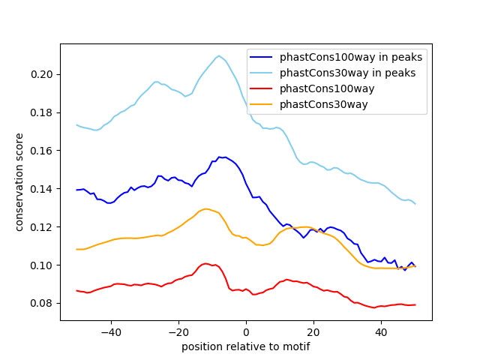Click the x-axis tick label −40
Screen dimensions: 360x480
point(111,331)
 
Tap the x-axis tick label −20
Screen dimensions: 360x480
point(178,331)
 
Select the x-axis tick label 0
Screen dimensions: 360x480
point(246,331)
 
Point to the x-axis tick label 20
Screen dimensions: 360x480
point(313,331)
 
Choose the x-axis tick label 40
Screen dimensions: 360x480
point(381,331)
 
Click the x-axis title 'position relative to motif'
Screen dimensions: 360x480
point(245,346)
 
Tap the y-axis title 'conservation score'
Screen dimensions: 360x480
point(20,182)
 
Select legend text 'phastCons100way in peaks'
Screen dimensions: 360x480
point(352,57)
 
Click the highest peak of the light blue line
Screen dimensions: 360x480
point(219,55)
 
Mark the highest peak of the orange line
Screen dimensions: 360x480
point(205,208)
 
